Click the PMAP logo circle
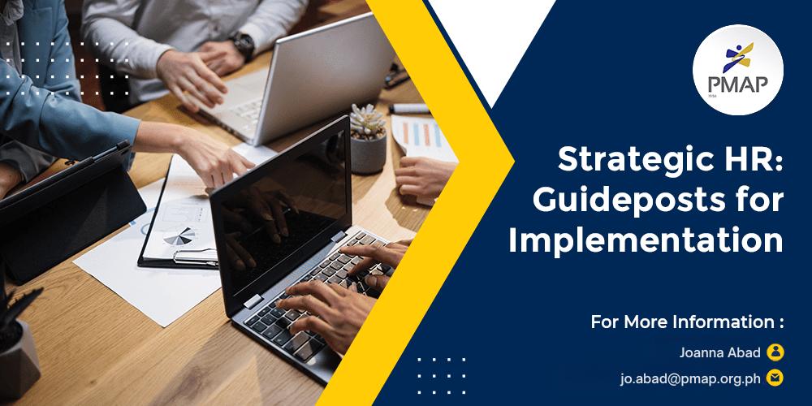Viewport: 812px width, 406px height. [x=738, y=70]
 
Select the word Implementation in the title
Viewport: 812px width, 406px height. [x=646, y=241]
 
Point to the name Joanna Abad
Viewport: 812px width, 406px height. [x=719, y=352]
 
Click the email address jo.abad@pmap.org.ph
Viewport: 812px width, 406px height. [x=691, y=378]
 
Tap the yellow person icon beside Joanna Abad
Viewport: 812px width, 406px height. [x=775, y=352]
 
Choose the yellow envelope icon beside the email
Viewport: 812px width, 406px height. [x=775, y=378]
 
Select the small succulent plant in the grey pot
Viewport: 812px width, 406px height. [x=368, y=138]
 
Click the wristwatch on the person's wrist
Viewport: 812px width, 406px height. [x=243, y=45]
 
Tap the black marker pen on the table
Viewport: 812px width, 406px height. [x=409, y=109]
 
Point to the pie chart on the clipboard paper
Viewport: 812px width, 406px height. [x=179, y=235]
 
